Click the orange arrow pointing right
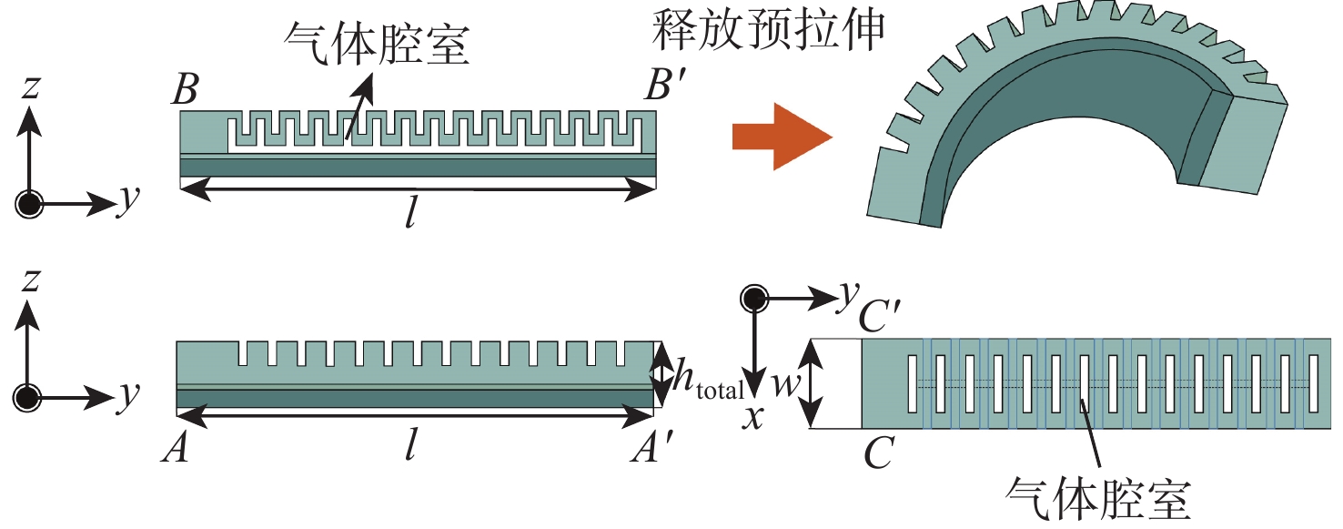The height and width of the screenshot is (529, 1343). (x=781, y=137)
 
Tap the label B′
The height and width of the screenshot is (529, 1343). (x=663, y=89)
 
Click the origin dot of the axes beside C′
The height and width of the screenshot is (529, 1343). (x=752, y=299)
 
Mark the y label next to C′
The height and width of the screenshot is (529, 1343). (x=848, y=293)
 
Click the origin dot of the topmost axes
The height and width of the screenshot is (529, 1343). (x=30, y=204)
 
